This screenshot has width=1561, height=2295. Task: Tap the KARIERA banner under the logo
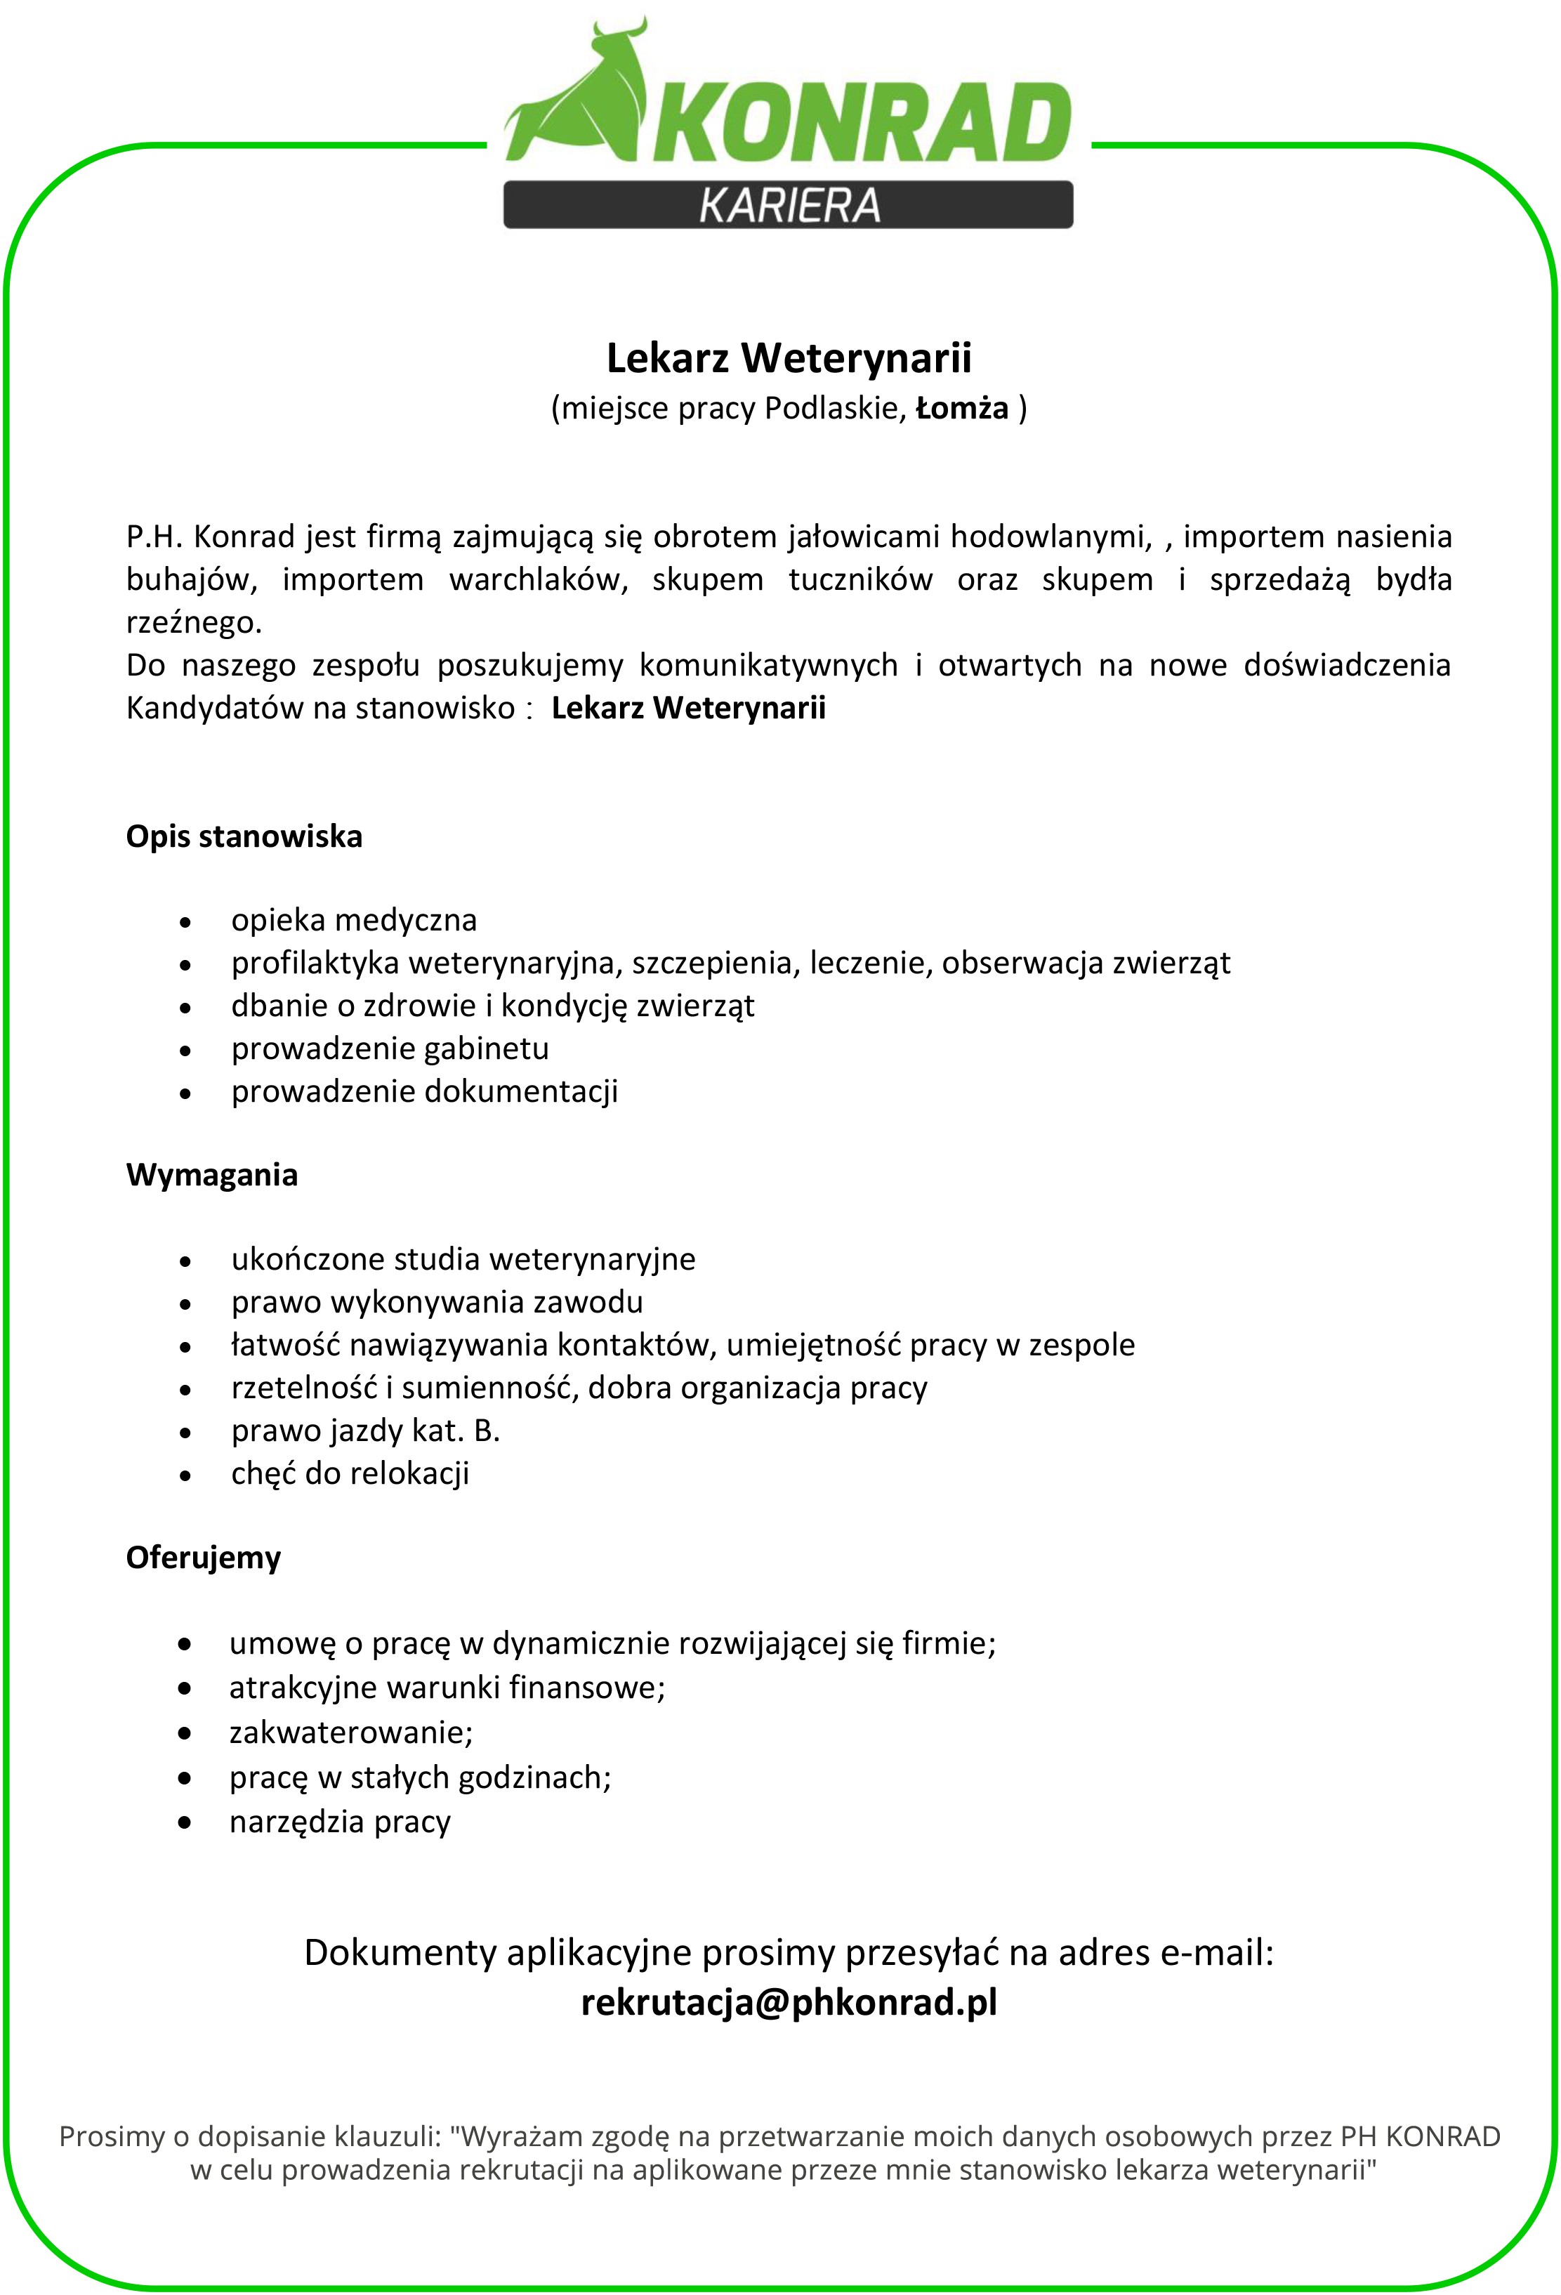pyautogui.click(x=788, y=204)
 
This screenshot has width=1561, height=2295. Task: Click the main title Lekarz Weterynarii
pyautogui.click(x=788, y=358)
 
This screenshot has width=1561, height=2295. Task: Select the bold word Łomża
pyautogui.click(x=962, y=408)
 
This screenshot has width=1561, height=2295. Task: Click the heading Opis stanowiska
pyautogui.click(x=244, y=836)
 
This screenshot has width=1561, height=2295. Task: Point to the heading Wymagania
pyautogui.click(x=211, y=1174)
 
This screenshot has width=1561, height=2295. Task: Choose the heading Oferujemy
pyautogui.click(x=204, y=1558)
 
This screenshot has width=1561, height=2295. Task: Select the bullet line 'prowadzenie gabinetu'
pyautogui.click(x=390, y=1048)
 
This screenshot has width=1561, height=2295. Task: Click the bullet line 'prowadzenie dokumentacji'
pyautogui.click(x=425, y=1091)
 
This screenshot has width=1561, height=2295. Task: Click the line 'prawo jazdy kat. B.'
pyautogui.click(x=365, y=1431)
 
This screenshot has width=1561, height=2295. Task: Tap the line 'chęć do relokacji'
pyautogui.click(x=350, y=1473)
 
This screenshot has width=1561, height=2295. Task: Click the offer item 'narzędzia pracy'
pyautogui.click(x=340, y=1821)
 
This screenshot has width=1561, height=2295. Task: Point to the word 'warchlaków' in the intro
pyautogui.click(x=538, y=579)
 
